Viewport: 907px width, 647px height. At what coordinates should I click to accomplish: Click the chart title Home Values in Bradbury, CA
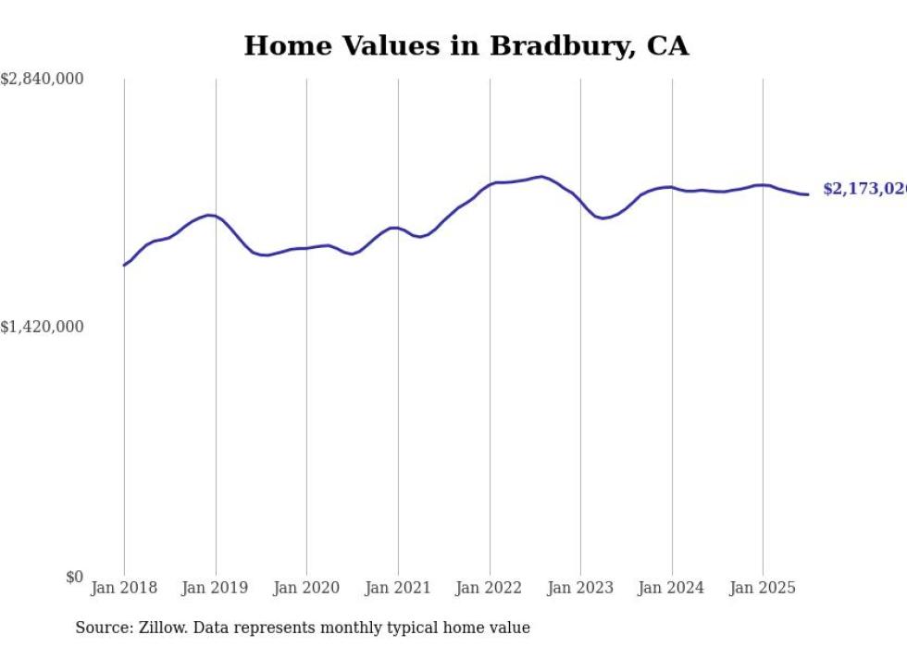(x=466, y=46)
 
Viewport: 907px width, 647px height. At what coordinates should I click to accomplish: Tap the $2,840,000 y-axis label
(x=43, y=80)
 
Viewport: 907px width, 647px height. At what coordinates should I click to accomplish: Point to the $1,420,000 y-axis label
(x=43, y=327)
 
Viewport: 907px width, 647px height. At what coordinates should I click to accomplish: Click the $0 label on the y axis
(x=74, y=577)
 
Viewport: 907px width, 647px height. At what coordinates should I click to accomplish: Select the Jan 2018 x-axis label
(x=124, y=588)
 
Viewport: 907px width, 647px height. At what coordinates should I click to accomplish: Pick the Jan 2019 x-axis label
(x=216, y=588)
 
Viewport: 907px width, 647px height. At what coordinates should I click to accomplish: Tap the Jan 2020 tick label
(x=306, y=588)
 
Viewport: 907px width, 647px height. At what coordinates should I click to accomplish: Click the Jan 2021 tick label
(x=398, y=588)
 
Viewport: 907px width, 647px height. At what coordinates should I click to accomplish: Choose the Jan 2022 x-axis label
(x=490, y=588)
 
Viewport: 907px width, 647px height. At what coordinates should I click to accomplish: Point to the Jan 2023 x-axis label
(x=580, y=588)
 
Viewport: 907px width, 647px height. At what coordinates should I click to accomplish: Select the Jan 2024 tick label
(x=672, y=588)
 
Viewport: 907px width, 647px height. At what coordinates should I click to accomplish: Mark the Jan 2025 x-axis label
(x=763, y=588)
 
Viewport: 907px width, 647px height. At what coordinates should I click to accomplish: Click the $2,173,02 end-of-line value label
(x=864, y=189)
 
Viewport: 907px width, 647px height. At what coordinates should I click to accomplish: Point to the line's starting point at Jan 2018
(x=124, y=265)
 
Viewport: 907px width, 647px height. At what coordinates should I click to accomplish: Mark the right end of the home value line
(x=808, y=194)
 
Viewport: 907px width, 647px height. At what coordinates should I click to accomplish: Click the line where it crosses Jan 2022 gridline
(x=490, y=184)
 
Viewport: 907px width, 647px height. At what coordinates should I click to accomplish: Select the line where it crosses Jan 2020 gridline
(x=306, y=248)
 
